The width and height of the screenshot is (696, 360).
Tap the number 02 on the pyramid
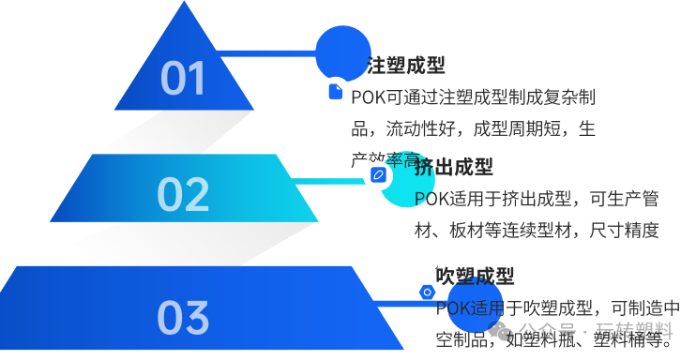[183, 194]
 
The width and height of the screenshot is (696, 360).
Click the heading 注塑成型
[405, 66]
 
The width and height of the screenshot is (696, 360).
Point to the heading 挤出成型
[454, 167]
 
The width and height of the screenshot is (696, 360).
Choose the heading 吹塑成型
[476, 277]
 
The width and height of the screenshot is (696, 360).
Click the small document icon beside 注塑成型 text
[335, 92]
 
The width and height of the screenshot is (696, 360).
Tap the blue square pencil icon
[378, 174]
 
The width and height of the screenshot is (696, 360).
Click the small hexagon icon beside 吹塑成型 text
[427, 292]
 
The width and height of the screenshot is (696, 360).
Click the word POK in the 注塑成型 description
[368, 97]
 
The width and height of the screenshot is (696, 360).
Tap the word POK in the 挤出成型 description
[432, 198]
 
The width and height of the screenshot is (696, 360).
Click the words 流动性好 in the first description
[418, 128]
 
